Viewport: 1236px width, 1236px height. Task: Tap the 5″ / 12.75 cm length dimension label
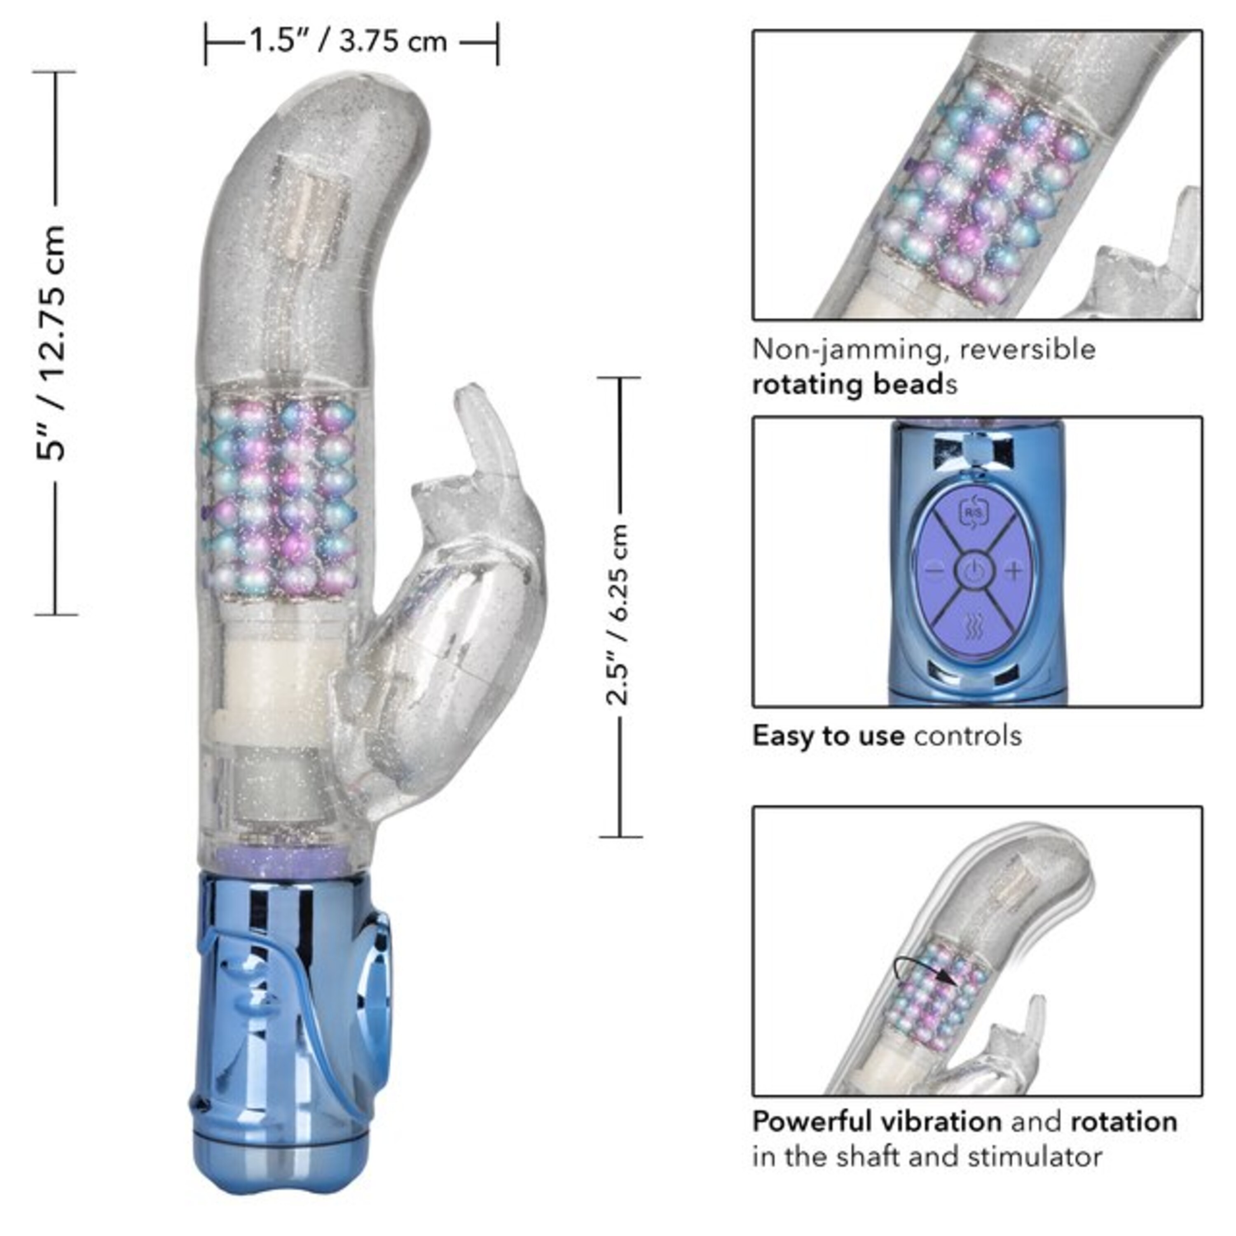click(51, 342)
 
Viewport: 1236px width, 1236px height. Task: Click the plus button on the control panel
click(1014, 570)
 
